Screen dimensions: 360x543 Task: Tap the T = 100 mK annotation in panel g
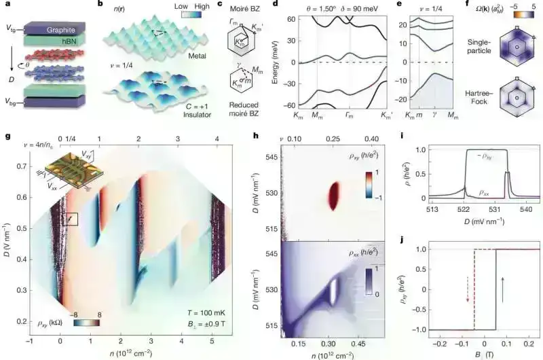pos(220,314)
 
